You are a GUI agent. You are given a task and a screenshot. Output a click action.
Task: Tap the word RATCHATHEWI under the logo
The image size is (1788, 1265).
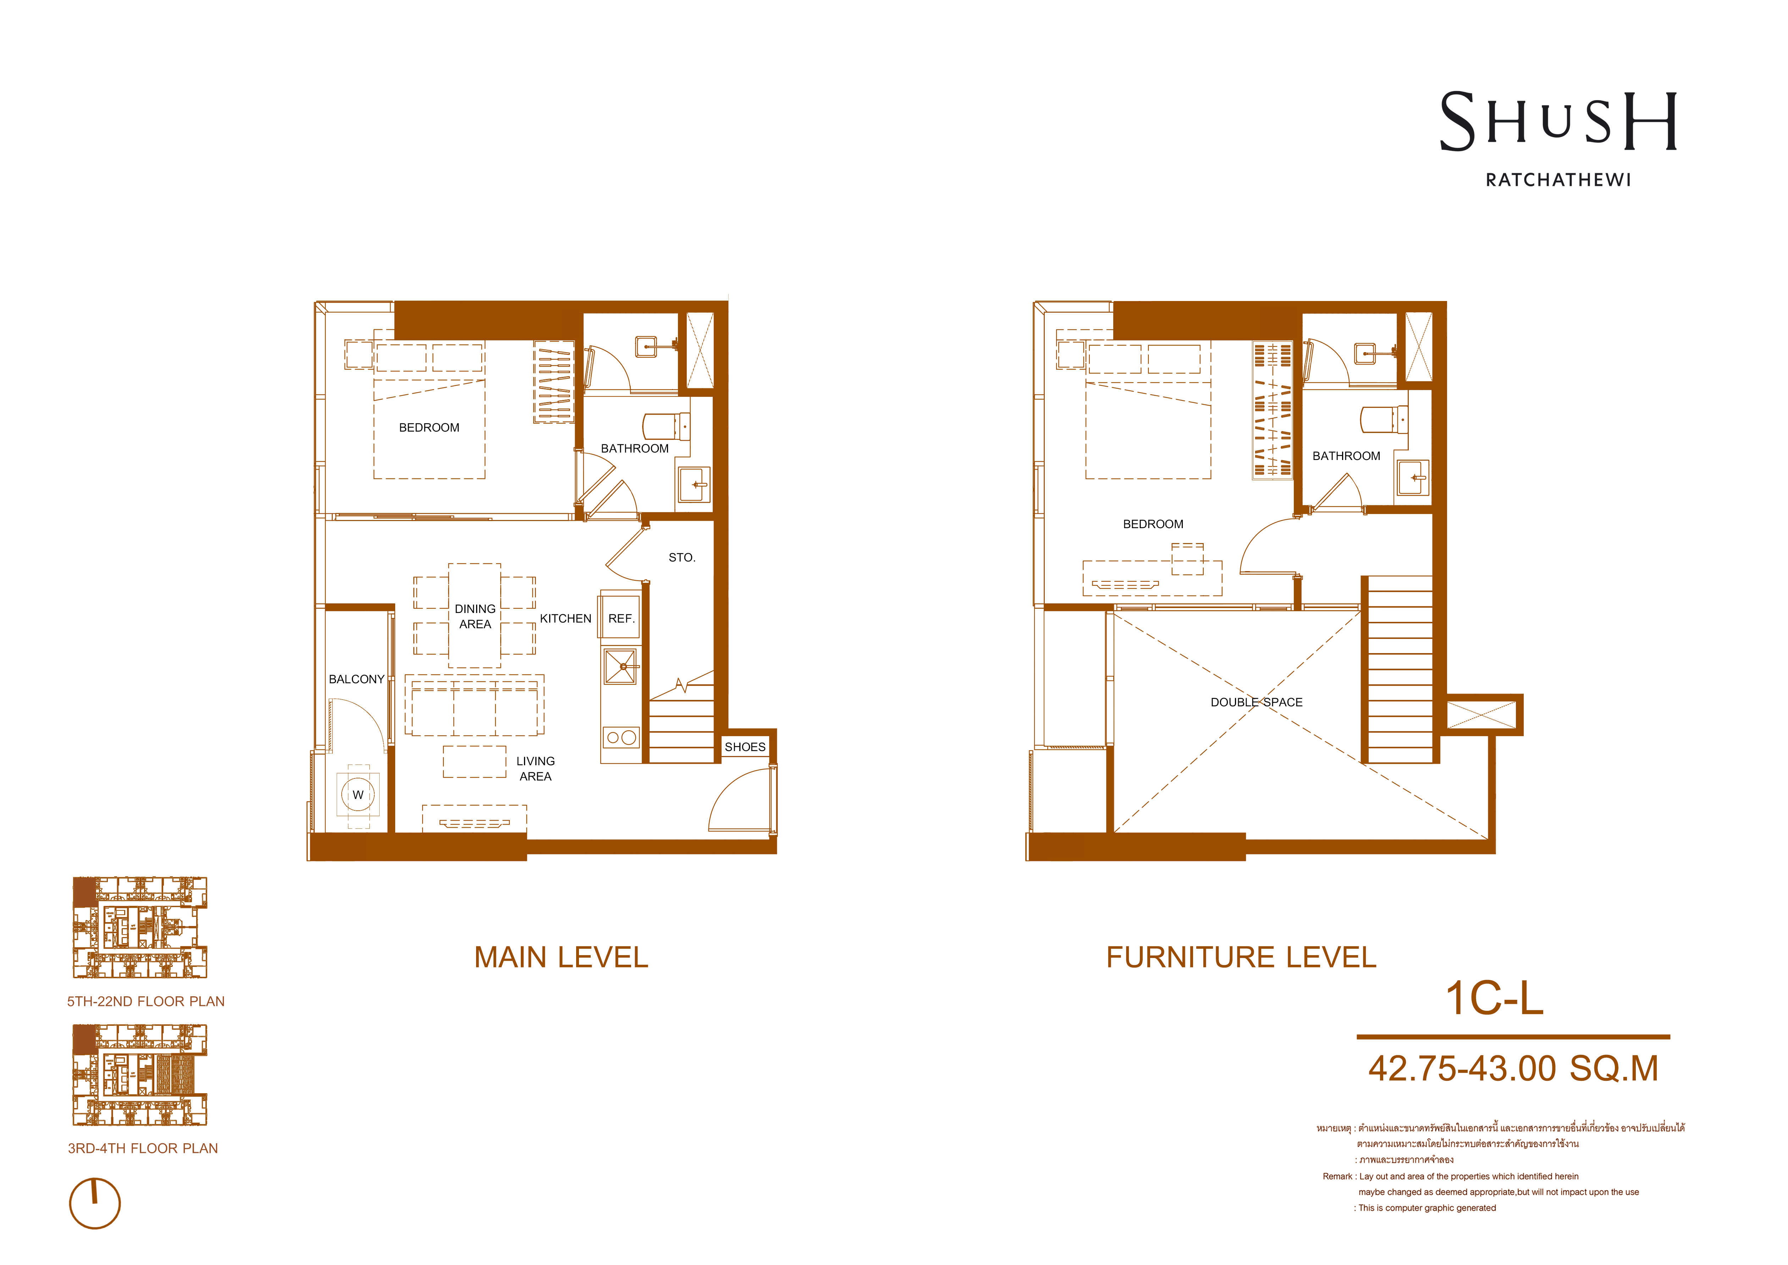tap(1558, 180)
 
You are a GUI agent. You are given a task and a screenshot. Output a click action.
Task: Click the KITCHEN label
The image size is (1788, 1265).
tap(565, 618)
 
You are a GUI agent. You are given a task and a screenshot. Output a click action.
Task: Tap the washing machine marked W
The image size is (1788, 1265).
tap(358, 794)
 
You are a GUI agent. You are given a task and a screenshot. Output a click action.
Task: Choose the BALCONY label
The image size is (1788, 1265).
tap(357, 679)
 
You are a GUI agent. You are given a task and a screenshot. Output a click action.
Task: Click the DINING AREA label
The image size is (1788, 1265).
tap(475, 616)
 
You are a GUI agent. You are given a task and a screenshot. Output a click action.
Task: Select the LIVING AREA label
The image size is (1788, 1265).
tap(536, 769)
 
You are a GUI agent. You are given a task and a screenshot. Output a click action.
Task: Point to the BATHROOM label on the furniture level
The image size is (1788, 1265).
tap(1346, 456)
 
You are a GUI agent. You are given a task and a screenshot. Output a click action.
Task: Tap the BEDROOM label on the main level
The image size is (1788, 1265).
tap(429, 428)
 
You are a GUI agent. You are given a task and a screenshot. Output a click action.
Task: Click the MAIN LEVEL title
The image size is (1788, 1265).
tap(562, 957)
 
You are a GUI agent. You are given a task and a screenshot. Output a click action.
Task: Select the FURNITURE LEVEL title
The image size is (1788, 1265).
tap(1241, 957)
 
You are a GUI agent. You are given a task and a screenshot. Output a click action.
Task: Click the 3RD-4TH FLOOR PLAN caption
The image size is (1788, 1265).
tap(143, 1148)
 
